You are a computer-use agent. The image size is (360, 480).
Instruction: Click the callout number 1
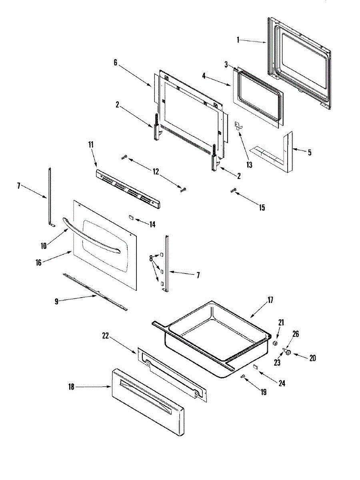point(238,40)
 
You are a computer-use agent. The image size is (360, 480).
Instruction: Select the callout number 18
point(72,387)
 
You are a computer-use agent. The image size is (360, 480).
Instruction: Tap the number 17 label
point(270,300)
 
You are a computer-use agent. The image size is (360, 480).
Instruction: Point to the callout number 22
point(105,337)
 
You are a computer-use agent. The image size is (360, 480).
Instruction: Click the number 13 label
point(250,165)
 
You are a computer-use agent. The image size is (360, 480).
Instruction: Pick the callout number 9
point(56,302)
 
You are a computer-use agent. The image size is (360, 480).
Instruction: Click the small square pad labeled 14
point(131,218)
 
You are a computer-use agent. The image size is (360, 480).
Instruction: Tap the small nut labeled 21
point(275,344)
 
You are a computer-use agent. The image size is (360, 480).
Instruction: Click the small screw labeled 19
point(243,376)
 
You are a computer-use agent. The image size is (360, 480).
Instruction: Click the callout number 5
point(310,152)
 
